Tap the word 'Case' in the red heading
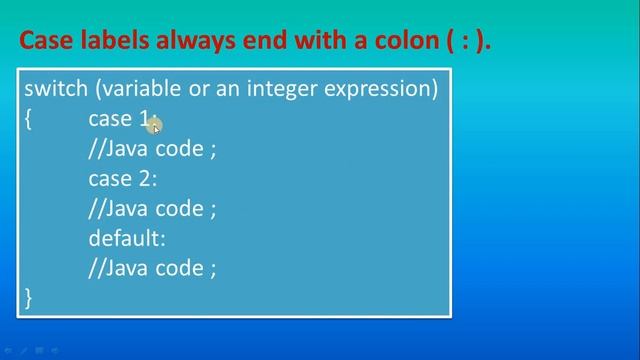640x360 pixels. [46, 41]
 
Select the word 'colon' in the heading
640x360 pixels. [393, 41]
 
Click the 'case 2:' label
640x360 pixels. [123, 179]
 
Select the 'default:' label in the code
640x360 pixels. [127, 238]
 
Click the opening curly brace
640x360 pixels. [29, 119]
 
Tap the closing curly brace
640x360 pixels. [29, 297]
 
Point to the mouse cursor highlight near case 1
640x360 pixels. [154, 123]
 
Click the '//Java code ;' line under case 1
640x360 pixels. [152, 149]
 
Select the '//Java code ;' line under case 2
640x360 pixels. [152, 208]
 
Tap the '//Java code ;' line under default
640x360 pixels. [152, 268]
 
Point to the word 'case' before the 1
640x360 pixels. [110, 119]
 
